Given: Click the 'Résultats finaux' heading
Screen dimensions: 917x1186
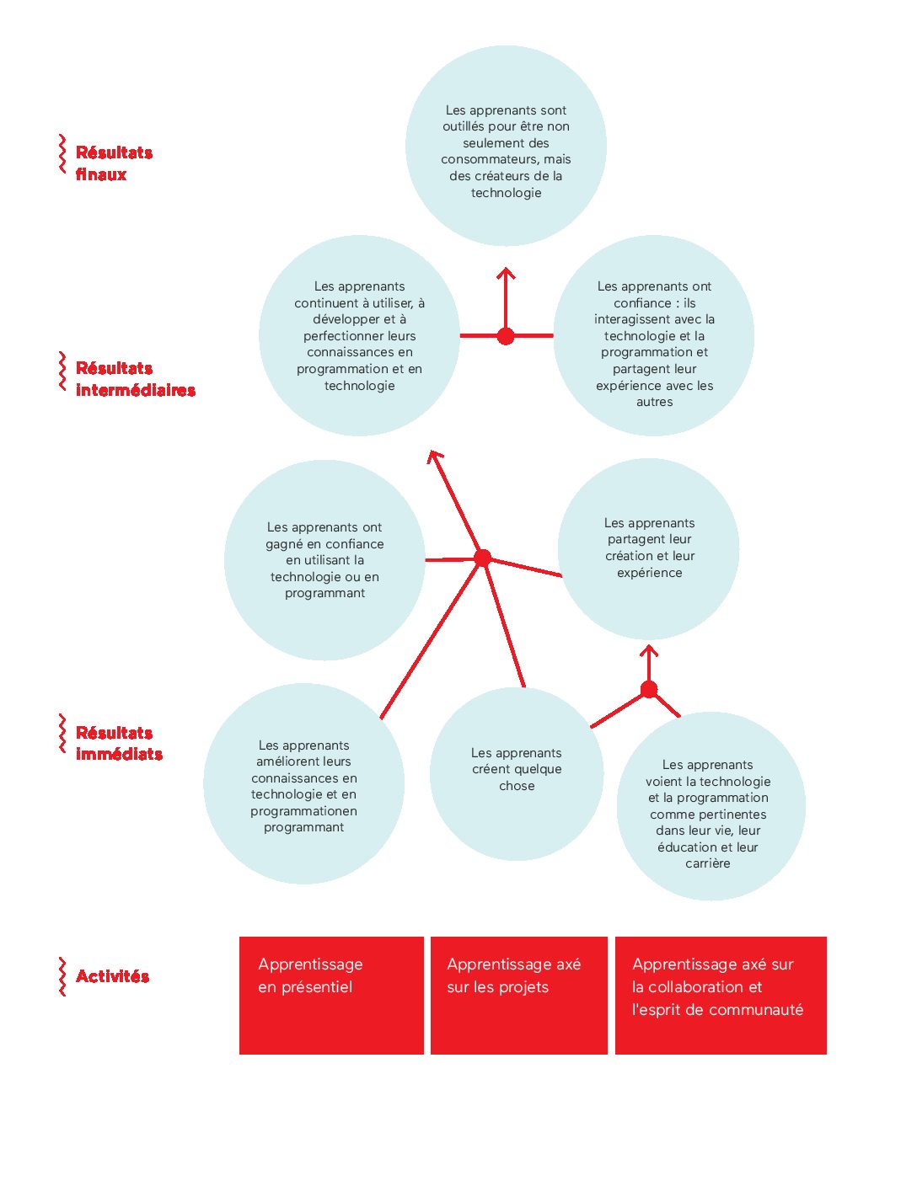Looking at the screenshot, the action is [114, 163].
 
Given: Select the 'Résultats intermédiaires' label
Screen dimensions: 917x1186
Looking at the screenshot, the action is [136, 379].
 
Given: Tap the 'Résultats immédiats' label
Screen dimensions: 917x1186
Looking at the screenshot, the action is [119, 743].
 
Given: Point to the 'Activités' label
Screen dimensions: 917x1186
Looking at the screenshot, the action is [112, 976].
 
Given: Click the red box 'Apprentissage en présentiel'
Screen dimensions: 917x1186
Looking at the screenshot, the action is [331, 996].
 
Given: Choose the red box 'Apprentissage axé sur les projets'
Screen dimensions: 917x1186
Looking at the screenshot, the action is [519, 996].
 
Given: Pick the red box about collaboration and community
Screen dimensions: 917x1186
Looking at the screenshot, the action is [721, 996].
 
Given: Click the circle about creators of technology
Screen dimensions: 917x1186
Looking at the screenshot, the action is [506, 146].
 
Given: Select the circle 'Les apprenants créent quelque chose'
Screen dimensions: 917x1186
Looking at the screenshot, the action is [517, 774].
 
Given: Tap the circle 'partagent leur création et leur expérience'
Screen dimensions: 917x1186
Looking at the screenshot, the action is [649, 548].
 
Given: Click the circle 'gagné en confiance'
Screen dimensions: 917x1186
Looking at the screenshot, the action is [324, 560].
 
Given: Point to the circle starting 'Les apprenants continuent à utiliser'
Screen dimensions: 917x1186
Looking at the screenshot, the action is [359, 335].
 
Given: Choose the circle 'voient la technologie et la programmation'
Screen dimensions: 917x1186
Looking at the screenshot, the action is [711, 805].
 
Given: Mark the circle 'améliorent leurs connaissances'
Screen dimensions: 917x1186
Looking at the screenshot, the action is [303, 783].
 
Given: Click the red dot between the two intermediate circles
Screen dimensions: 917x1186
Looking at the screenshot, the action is [506, 336].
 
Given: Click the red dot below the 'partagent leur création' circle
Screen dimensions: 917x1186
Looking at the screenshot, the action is [649, 689].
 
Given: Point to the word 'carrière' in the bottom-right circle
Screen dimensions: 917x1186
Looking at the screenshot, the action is [708, 863].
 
